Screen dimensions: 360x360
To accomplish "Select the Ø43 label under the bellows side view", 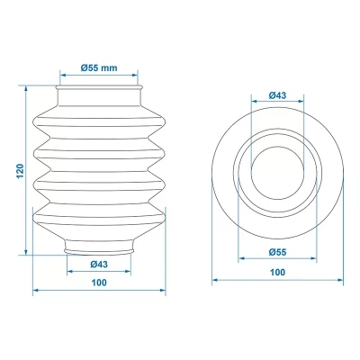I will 100,263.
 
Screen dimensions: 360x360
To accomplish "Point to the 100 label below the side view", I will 100,283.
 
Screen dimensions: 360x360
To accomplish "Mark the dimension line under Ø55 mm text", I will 100,77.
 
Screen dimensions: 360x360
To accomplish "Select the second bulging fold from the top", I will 100,154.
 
